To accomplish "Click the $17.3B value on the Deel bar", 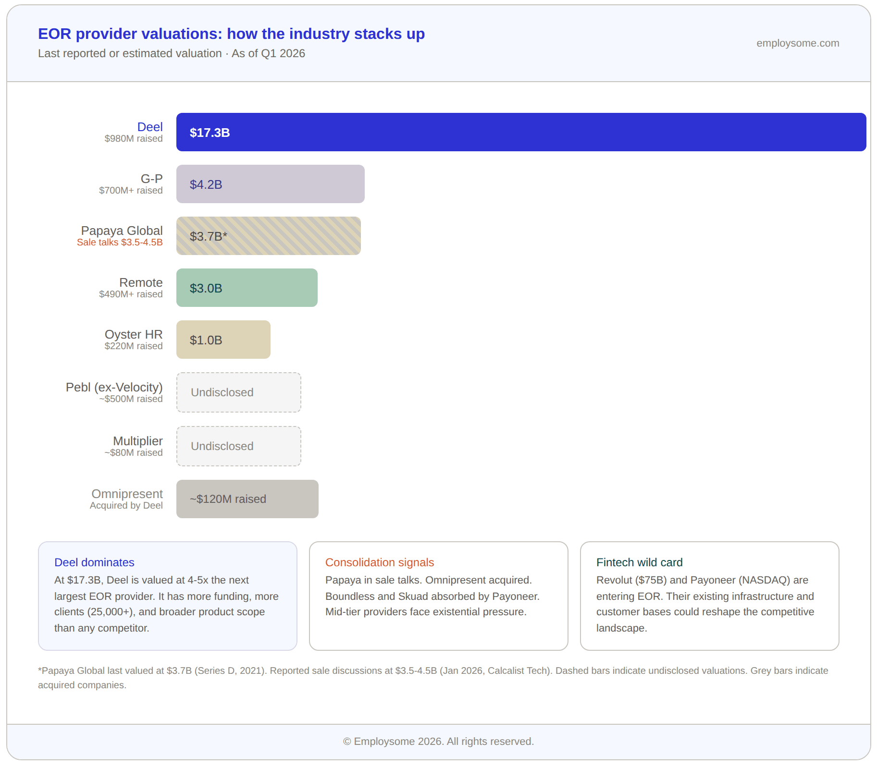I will click(210, 133).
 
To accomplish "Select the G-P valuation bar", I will click(270, 184).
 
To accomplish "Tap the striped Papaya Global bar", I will click(268, 236).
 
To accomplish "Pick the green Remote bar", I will click(247, 288).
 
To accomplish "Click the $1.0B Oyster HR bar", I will click(223, 340).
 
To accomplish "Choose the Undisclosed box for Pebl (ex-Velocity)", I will click(238, 392).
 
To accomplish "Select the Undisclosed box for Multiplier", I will click(238, 446).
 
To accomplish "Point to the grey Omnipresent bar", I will click(247, 499).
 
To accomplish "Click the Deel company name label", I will click(150, 127).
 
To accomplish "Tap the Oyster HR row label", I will click(134, 334).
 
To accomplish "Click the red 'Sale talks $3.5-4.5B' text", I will click(120, 243).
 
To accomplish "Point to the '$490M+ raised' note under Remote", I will click(131, 294).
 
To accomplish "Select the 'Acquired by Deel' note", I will click(126, 506).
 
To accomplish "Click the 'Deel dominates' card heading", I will click(94, 562).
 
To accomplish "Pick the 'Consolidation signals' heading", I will click(379, 562).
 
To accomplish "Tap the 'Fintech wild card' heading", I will click(639, 562).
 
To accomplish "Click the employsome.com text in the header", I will click(797, 43).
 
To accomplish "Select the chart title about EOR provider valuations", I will click(231, 34).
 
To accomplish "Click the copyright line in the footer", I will click(438, 742).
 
